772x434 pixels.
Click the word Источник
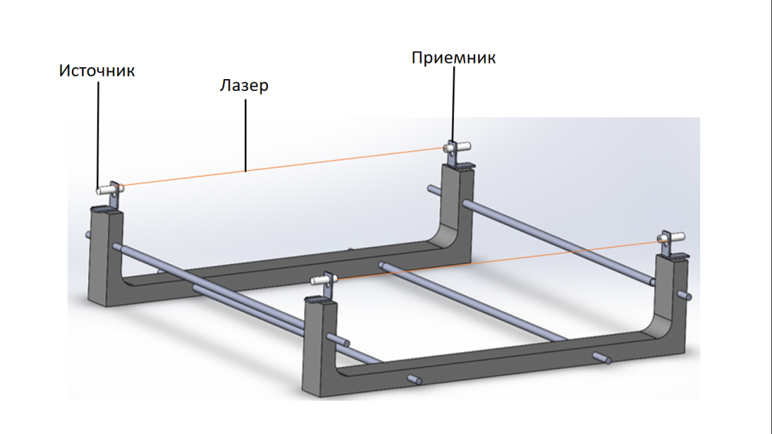pyautogui.click(x=97, y=71)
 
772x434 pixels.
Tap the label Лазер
pyautogui.click(x=244, y=86)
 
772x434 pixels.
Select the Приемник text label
pyautogui.click(x=453, y=58)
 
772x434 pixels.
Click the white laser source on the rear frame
pyautogui.click(x=109, y=189)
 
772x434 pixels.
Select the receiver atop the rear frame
pyautogui.click(x=453, y=148)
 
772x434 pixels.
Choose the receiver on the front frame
pyautogui.click(x=670, y=239)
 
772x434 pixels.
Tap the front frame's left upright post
pyautogui.click(x=319, y=347)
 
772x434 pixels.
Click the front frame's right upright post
pyautogui.click(x=671, y=296)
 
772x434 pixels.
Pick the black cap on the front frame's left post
pyautogui.click(x=320, y=299)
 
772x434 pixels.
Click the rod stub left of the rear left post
pyautogui.click(x=88, y=236)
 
